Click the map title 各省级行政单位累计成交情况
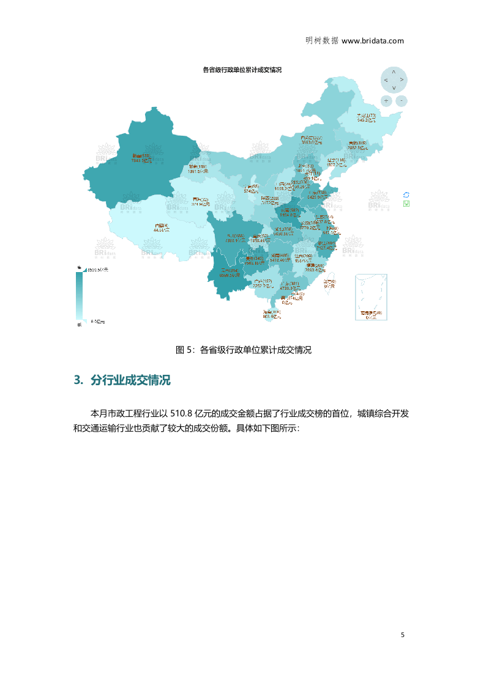tap(242, 70)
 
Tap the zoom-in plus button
tap(386, 100)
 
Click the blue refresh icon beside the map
tap(406, 194)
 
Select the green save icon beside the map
tap(406, 204)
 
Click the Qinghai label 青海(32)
tap(200, 202)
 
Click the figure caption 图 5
tap(243, 350)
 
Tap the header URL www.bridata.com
tap(372, 41)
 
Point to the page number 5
tap(402, 635)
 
